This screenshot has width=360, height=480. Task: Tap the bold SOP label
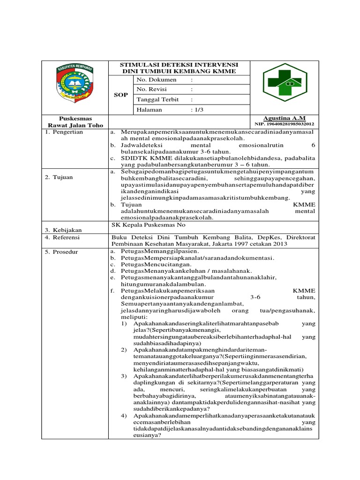121,95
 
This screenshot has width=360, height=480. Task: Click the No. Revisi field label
153,90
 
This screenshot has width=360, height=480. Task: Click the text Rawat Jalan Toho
75,125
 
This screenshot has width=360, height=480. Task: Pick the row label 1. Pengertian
64,132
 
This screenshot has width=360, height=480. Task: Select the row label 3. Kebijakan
63,230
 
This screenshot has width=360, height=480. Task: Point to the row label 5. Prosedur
62,252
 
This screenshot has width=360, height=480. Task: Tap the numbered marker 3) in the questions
124,376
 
